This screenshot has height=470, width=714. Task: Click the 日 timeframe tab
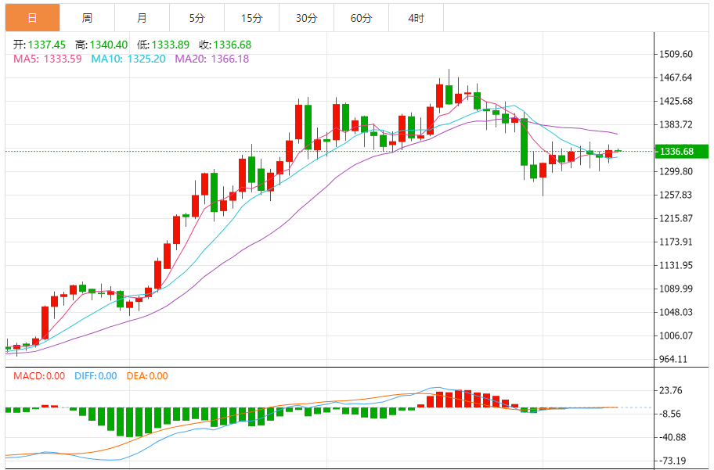pos(32,17)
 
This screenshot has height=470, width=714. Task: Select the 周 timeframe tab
pos(87,17)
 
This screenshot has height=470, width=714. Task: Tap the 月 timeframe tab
pos(142,17)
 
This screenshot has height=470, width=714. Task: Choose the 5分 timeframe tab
pos(197,17)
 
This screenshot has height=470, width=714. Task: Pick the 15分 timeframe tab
pos(251,17)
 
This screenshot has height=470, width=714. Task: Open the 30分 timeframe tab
pos(306,17)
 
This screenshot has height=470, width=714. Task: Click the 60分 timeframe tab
pos(361,17)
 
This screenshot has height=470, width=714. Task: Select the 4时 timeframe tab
pos(416,17)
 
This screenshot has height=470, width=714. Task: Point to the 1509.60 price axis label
pos(677,54)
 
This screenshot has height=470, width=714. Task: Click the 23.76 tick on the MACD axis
pos(672,390)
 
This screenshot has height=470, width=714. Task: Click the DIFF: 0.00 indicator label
pos(96,376)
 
